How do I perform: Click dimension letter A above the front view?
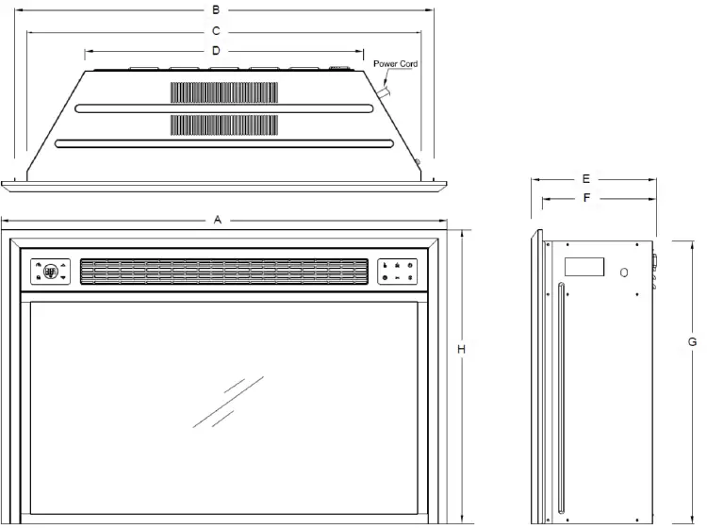pyautogui.click(x=218, y=220)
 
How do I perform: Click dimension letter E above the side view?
pyautogui.click(x=585, y=177)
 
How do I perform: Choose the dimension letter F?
pyautogui.click(x=585, y=198)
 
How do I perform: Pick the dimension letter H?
pyautogui.click(x=461, y=350)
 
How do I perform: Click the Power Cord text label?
pyautogui.click(x=395, y=64)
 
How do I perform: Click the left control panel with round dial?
pyautogui.click(x=51, y=272)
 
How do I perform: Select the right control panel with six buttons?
pyautogui.click(x=398, y=272)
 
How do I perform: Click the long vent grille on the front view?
pyautogui.click(x=222, y=272)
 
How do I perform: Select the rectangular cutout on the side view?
pyautogui.click(x=584, y=266)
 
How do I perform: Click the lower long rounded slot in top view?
pyautogui.click(x=224, y=143)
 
